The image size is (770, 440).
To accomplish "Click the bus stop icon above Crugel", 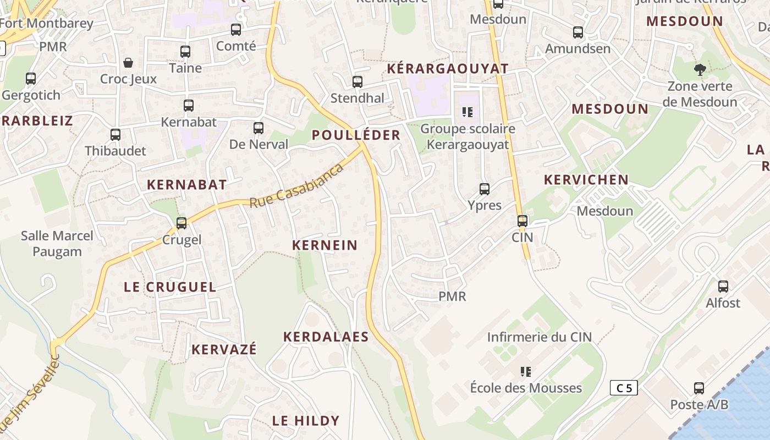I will pyautogui.click(x=182, y=223).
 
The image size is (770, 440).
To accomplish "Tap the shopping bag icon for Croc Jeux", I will pyautogui.click(x=128, y=63).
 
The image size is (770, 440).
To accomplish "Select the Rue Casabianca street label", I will pyautogui.click(x=297, y=185).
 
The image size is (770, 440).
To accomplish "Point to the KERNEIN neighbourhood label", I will pyautogui.click(x=324, y=245).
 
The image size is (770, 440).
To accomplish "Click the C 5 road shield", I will pyautogui.click(x=624, y=388).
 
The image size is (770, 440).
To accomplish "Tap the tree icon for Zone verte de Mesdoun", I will pyautogui.click(x=700, y=70).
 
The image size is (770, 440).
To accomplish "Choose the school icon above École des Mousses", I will pyautogui.click(x=526, y=372).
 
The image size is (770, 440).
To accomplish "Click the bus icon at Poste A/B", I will pyautogui.click(x=699, y=388).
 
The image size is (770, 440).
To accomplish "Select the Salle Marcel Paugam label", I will pyautogui.click(x=57, y=244).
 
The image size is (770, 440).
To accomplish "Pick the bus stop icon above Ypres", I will pyautogui.click(x=485, y=189).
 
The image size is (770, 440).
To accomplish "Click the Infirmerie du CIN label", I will pyautogui.click(x=539, y=337).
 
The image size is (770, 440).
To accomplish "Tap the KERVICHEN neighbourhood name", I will pyautogui.click(x=586, y=180).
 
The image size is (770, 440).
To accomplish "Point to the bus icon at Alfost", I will pyautogui.click(x=723, y=287).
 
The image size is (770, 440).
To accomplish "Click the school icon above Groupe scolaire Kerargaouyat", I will pyautogui.click(x=468, y=113).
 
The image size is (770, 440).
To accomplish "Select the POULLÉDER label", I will pyautogui.click(x=356, y=135).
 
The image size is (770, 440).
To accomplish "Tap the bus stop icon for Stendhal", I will pyautogui.click(x=358, y=82).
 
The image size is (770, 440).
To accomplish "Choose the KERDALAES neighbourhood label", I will pyautogui.click(x=326, y=337).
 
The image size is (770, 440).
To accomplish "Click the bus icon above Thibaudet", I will pyautogui.click(x=116, y=135).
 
